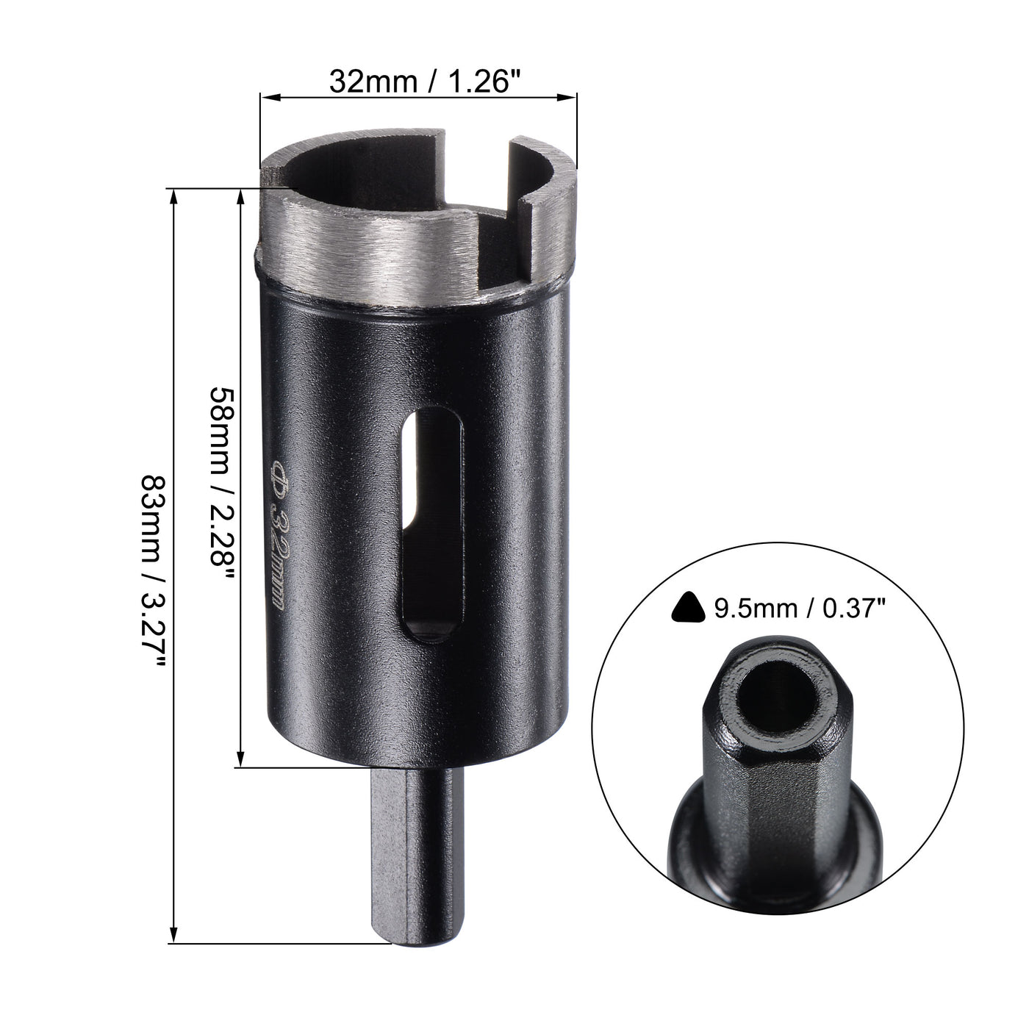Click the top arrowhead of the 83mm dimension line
coord(174,193)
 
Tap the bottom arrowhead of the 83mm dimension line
coord(174,939)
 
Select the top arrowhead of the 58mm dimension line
coord(240,194)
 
